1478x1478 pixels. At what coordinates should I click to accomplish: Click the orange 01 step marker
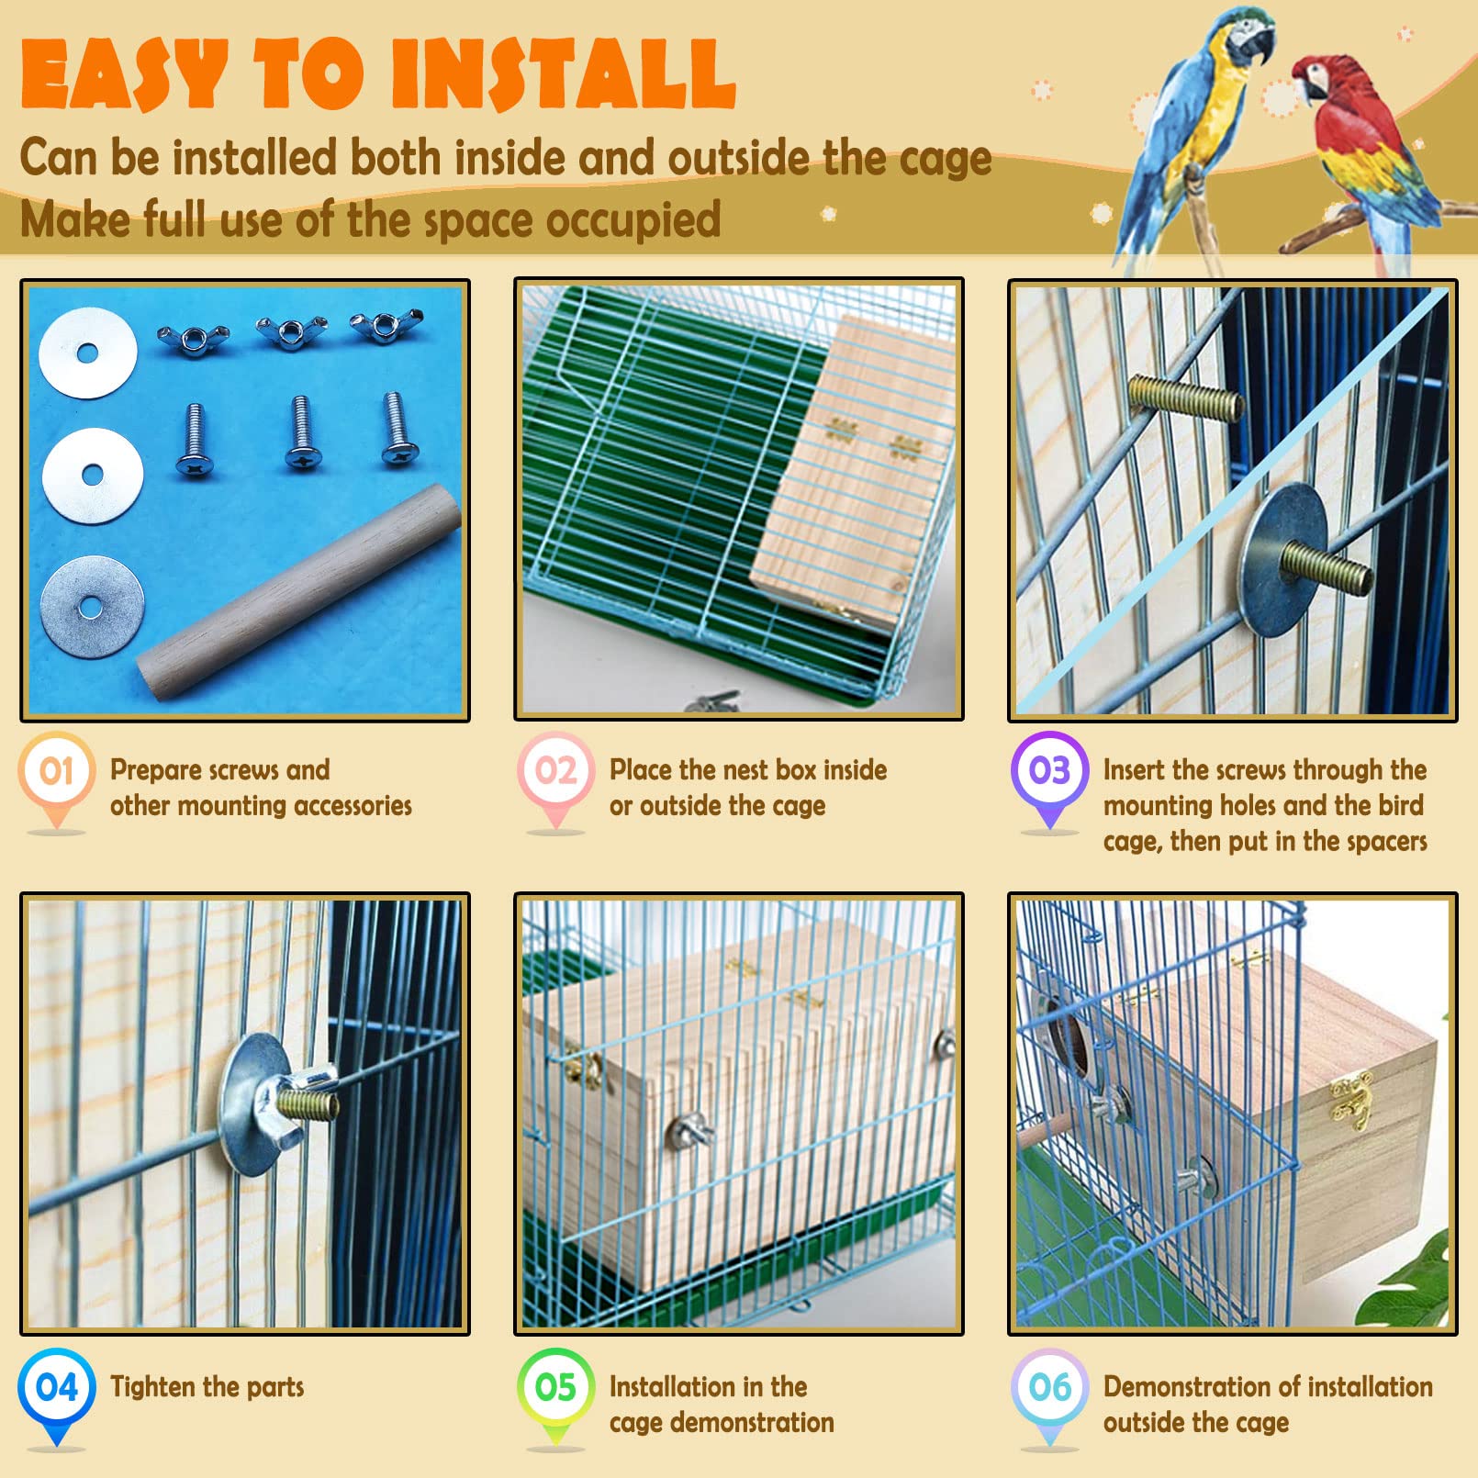tap(56, 771)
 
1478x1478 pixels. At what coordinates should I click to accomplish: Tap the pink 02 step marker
tap(555, 771)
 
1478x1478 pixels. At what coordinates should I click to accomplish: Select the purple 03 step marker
tap(1049, 771)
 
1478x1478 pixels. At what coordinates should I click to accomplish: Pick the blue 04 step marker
tap(56, 1387)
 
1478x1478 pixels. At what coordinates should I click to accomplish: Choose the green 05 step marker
tap(555, 1387)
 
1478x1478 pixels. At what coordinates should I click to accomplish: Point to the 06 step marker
tap(1049, 1387)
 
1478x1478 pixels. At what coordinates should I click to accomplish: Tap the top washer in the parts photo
tap(87, 353)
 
